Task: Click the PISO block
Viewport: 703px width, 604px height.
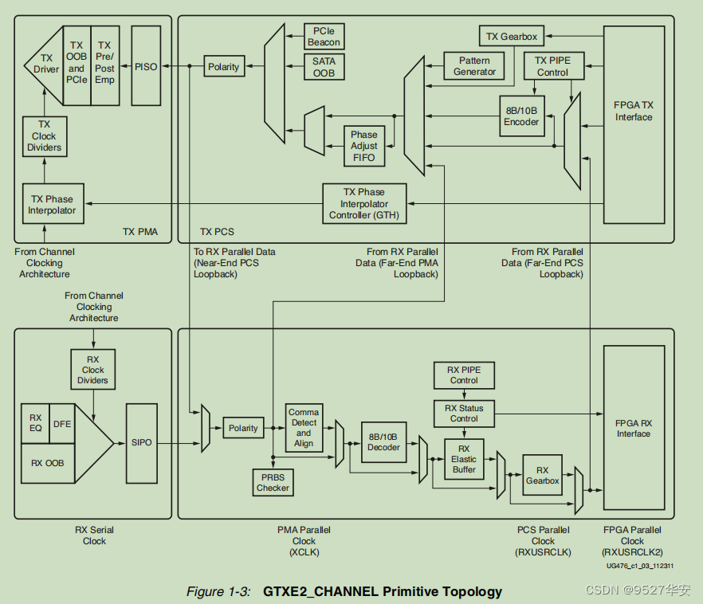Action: [x=146, y=66]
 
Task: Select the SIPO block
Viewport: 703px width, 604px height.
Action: [x=142, y=442]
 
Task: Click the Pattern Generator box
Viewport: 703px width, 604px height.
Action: [x=474, y=66]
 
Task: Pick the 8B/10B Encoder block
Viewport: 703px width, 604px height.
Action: [x=521, y=116]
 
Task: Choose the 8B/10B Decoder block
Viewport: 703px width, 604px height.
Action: [x=383, y=441]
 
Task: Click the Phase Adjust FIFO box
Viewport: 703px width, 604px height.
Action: [x=364, y=147]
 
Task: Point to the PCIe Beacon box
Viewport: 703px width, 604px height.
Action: [x=324, y=37]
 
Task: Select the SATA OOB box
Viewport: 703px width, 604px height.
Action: [x=324, y=67]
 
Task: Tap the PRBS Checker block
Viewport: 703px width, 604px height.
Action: [x=273, y=482]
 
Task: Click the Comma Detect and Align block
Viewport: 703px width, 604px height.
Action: [x=304, y=428]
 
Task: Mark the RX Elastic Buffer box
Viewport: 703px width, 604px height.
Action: [x=464, y=459]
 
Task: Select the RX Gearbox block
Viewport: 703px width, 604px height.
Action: [x=542, y=476]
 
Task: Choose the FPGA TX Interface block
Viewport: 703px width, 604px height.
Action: [x=634, y=111]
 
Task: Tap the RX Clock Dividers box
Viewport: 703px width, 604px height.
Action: [x=93, y=370]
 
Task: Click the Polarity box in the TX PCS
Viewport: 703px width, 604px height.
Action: [x=224, y=67]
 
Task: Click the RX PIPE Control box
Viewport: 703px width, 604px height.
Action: [x=464, y=375]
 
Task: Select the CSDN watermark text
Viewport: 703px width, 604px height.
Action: [x=638, y=590]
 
